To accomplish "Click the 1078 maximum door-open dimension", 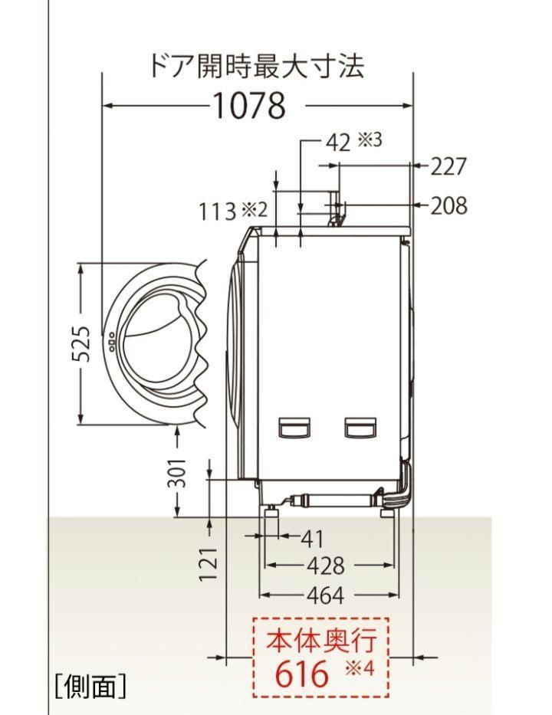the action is (x=249, y=105).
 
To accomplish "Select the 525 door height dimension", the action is (x=81, y=343).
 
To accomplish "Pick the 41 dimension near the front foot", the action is (x=312, y=539).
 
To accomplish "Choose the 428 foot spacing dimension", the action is (x=326, y=566).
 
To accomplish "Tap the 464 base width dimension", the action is (x=326, y=595).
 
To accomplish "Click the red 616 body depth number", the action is (x=301, y=673).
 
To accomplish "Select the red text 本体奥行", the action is (x=322, y=640).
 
